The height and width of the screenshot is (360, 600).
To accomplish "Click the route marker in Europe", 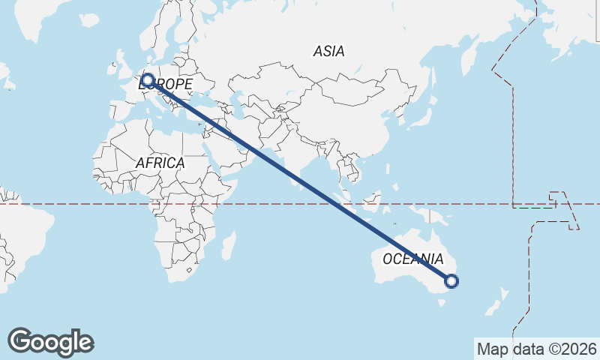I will click(148, 79).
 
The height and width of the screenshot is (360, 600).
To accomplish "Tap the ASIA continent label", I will click(329, 51).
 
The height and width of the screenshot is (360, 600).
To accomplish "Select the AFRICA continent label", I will click(160, 162).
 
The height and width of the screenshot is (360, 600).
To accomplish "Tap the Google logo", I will click(50, 342).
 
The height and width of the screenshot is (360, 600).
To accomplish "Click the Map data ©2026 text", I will click(536, 349).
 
